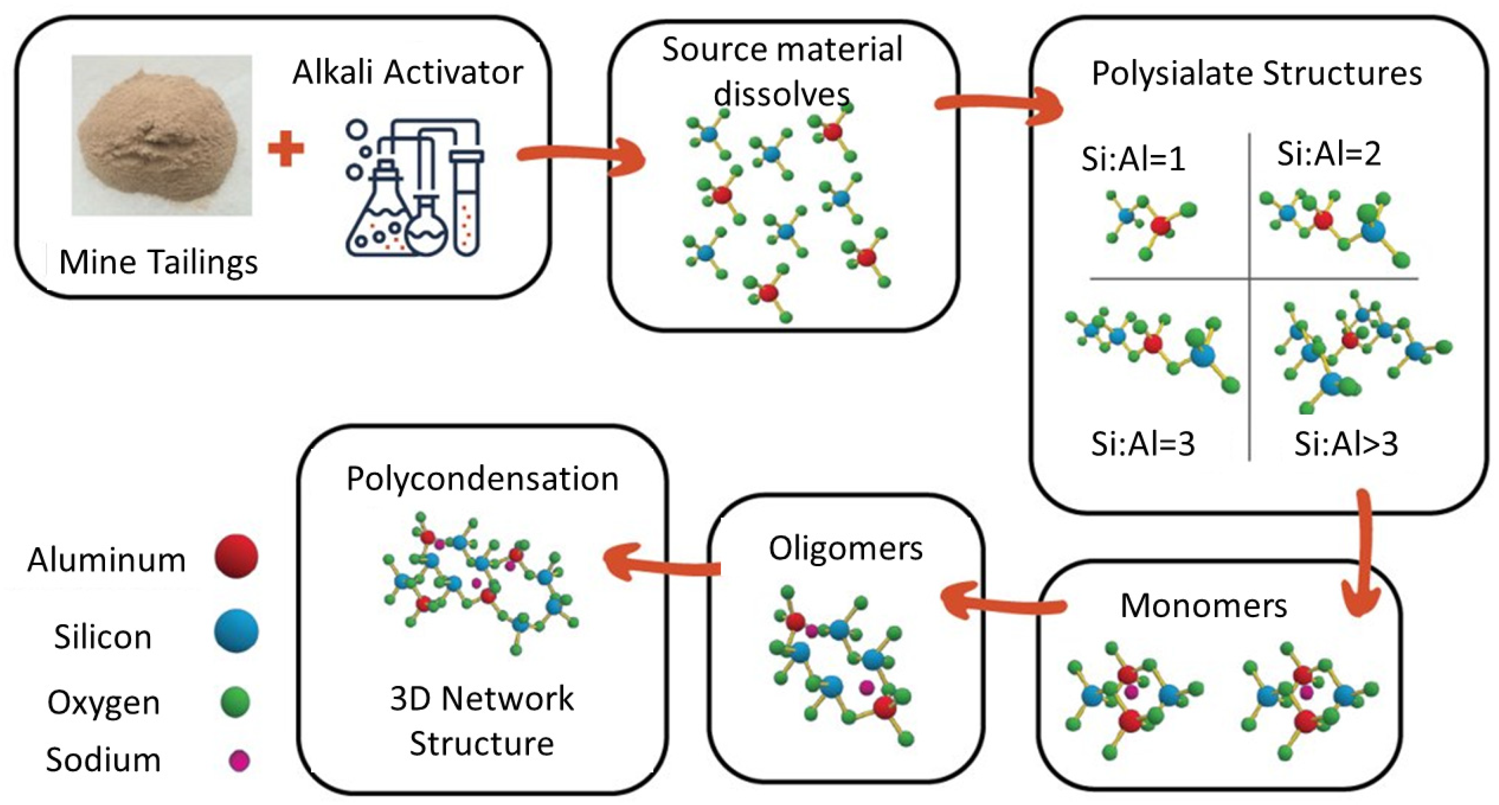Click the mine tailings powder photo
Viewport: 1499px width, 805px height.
[x=161, y=135]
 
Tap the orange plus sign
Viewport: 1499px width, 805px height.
[x=286, y=149]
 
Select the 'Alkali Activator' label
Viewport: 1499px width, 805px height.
[x=407, y=73]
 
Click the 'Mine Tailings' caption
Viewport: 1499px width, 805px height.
[x=159, y=262]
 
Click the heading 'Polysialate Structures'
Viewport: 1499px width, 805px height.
[x=1256, y=74]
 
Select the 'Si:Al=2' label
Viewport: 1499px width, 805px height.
[x=1329, y=154]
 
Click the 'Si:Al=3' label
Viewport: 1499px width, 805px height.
[x=1142, y=444]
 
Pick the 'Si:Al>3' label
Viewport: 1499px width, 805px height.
[x=1345, y=444]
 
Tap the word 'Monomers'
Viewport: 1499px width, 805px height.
[x=1203, y=605]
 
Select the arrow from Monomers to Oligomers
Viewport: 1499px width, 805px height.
[x=1001, y=605]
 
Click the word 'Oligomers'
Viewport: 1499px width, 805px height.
[x=845, y=548]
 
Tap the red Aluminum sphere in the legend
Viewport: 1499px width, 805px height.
[x=236, y=557]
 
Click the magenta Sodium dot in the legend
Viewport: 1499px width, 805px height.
[x=239, y=760]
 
